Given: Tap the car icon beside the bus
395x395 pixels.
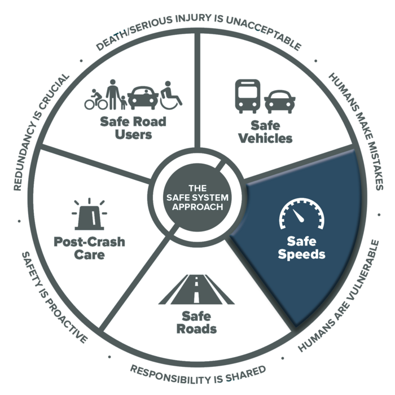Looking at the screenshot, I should tap(280, 102).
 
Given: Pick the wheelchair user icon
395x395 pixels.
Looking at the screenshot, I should tap(171, 95).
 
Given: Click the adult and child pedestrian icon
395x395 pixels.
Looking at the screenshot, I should tap(116, 94).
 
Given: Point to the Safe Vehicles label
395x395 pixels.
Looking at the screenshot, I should tap(265, 132).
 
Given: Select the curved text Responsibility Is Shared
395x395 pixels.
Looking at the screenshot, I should tap(197, 373).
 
